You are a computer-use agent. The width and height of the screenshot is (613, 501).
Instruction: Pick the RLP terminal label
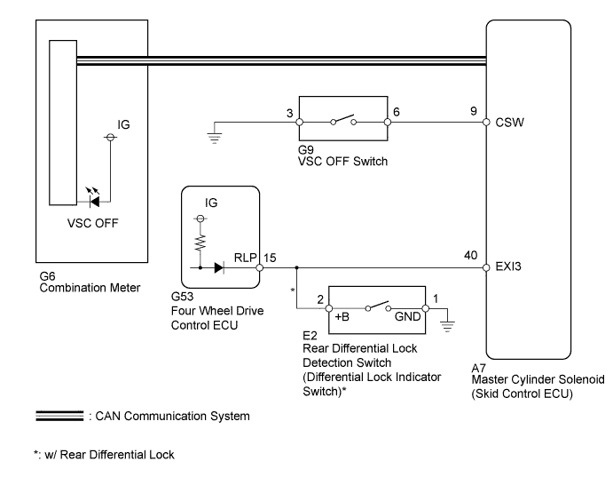(x=244, y=258)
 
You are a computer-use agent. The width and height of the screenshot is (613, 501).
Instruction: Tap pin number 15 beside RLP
(x=271, y=258)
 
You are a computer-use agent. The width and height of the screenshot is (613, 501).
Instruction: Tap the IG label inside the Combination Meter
(x=124, y=125)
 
